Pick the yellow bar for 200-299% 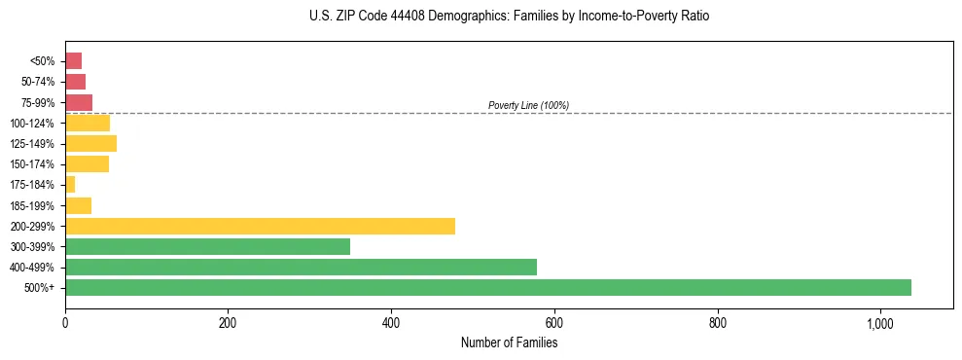260,226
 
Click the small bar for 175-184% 70,185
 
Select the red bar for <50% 73,61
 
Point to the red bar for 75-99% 79,102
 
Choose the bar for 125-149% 90,143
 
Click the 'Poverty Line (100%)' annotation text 528,105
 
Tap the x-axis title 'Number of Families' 509,342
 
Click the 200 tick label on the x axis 228,322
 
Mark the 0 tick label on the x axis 65,322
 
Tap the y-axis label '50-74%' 39,82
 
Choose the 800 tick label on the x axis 718,322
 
